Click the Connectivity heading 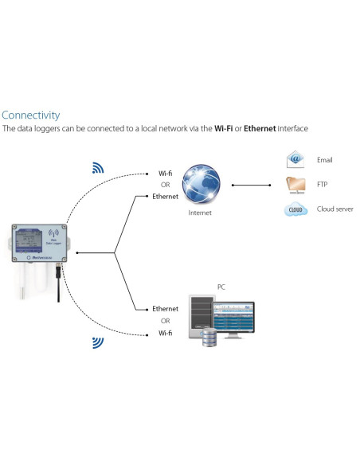(x=30, y=115)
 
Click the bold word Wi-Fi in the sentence (x=225, y=129)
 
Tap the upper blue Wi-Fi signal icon (x=99, y=168)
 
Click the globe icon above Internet (x=200, y=184)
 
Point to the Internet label (x=200, y=213)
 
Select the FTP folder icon (x=296, y=185)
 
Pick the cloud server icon (x=296, y=210)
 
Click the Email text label (x=325, y=160)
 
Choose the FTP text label (x=323, y=185)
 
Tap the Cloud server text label (x=335, y=210)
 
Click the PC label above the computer (x=221, y=286)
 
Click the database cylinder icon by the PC (x=209, y=338)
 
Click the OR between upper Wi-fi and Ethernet (x=165, y=184)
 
